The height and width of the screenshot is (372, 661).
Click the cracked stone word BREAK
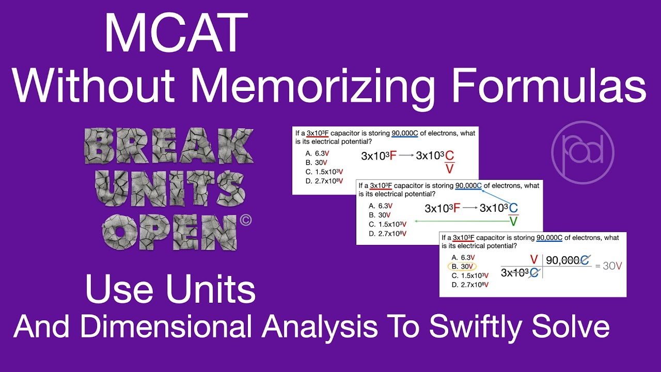[x=169, y=147]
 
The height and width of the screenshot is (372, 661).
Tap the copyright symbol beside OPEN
[x=246, y=221]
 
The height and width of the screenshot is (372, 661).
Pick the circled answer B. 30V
[x=462, y=267]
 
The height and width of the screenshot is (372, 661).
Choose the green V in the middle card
[x=513, y=222]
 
